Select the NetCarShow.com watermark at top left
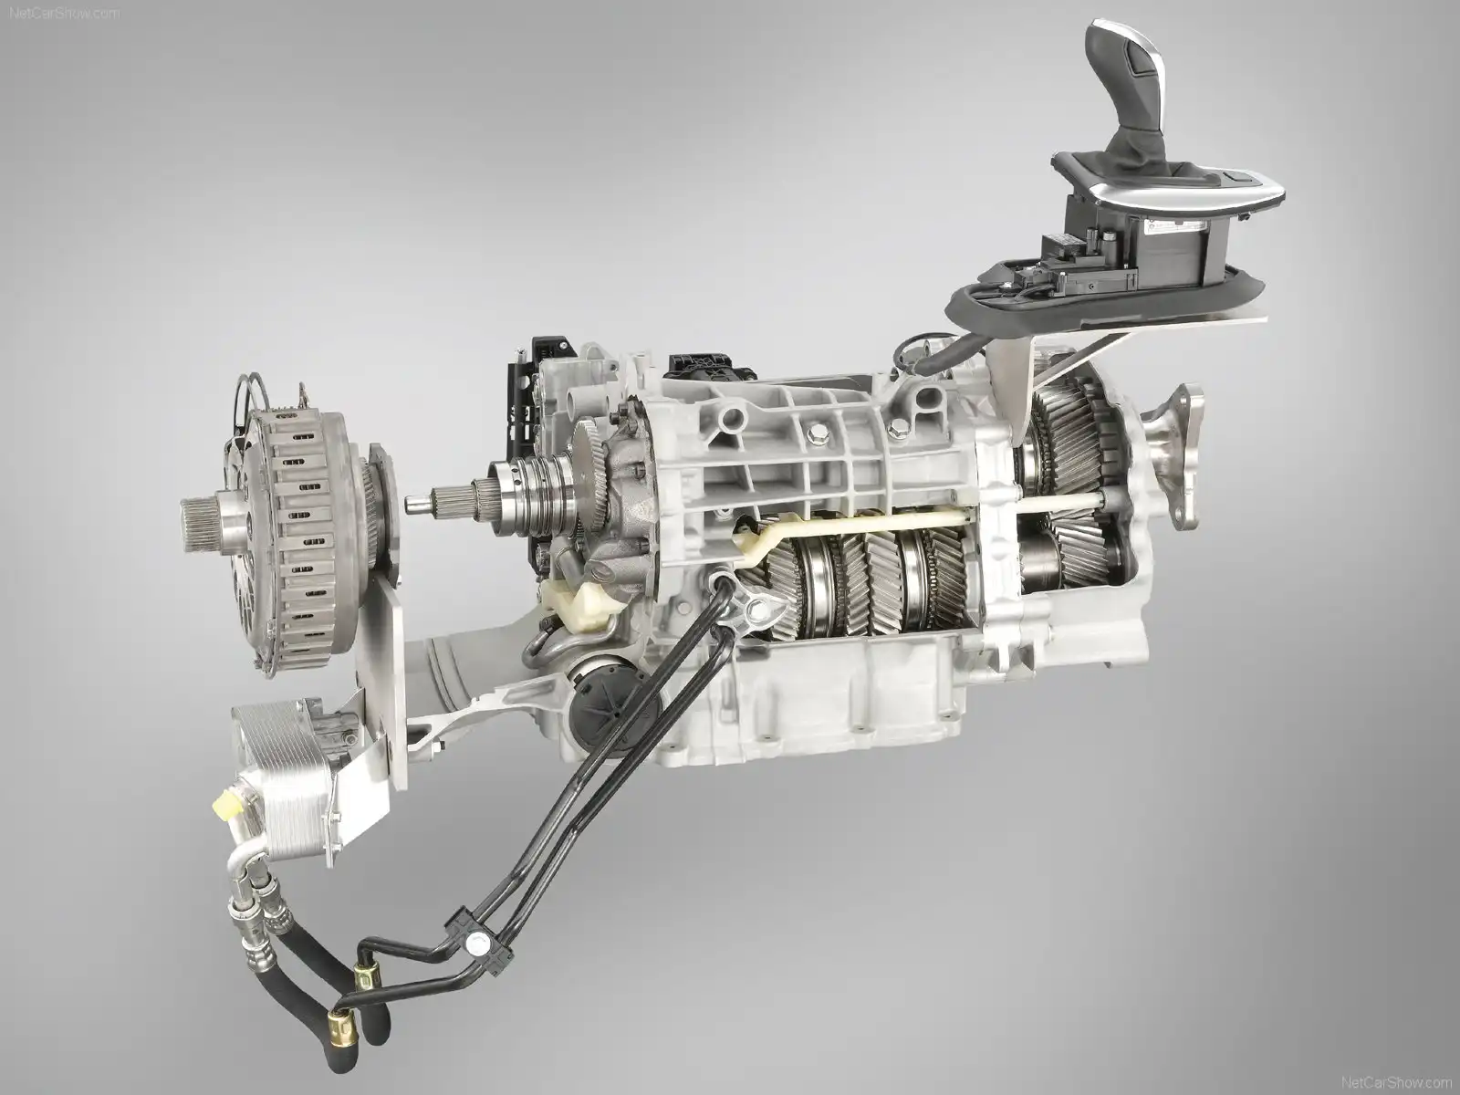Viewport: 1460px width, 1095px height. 65,13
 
